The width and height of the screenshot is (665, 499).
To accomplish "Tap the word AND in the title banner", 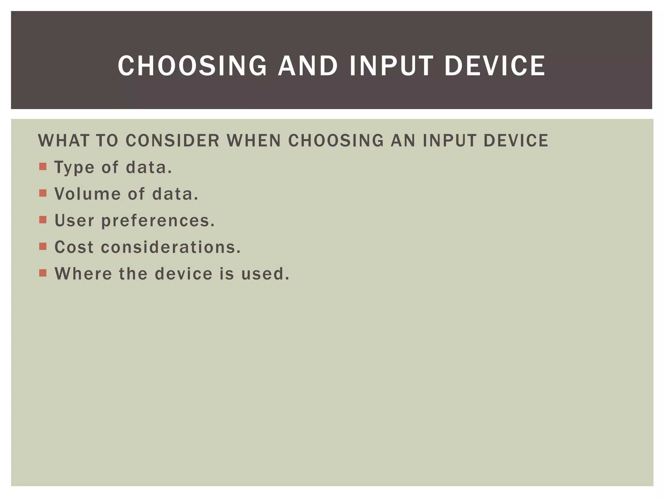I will pos(307,66).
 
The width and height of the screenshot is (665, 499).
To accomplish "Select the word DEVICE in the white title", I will pos(495,66).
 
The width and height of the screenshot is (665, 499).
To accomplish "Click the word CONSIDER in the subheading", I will pos(172,141).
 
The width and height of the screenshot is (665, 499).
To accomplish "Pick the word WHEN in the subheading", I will pos(254,141).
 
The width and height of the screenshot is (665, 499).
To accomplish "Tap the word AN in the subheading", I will pos(403,141).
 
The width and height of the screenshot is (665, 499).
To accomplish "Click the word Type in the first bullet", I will pos(74,168).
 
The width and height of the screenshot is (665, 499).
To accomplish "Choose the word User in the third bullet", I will pos(74,221).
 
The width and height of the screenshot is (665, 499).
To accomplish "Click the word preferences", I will pos(158,221).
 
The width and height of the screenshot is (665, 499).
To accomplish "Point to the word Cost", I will pos(74,247).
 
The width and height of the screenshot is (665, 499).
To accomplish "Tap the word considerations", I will pos(171,247).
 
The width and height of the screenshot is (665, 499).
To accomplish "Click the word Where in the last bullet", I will pos(83,274).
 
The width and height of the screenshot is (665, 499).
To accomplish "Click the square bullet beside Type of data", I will pos(43,167).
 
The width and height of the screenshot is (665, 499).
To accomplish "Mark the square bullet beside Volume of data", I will pos(43,193).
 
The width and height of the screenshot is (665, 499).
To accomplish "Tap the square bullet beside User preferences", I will pos(43,220).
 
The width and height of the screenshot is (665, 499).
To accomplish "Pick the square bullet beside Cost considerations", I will pos(43,246).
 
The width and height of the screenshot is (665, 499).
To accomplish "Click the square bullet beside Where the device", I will pos(43,273).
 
